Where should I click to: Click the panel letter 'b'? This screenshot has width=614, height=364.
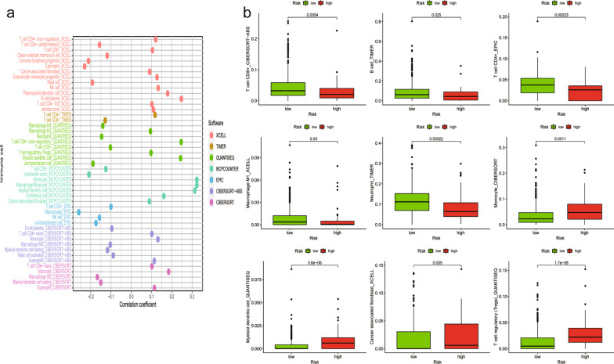247,13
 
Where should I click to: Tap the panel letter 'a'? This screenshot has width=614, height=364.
6,12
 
